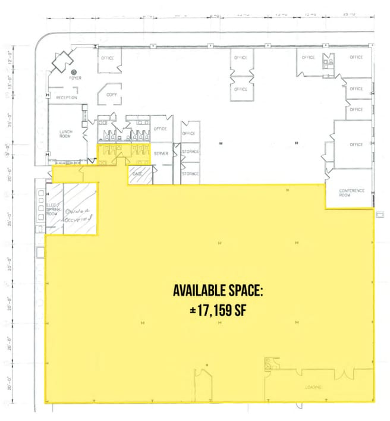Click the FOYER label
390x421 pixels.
pos(76,78)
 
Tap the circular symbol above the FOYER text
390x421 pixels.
pos(76,70)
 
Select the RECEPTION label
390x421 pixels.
pos(67,97)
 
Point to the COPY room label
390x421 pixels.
pos(111,95)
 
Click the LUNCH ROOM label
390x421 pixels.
pos(65,133)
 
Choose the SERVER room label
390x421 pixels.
pos(161,153)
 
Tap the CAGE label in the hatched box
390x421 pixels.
pos(137,173)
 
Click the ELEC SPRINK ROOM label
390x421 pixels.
pos(55,209)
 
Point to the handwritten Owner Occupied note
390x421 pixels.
pos(80,214)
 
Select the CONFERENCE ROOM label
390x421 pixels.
pos(351,193)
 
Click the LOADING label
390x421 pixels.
pos(314,387)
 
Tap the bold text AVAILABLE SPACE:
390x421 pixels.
pos(218,291)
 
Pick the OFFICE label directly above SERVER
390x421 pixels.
pos(160,128)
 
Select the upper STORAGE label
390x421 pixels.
pos(190,152)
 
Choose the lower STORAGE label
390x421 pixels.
pos(190,174)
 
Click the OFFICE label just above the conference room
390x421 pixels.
pos(356,144)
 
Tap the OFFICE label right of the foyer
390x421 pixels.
pos(108,58)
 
